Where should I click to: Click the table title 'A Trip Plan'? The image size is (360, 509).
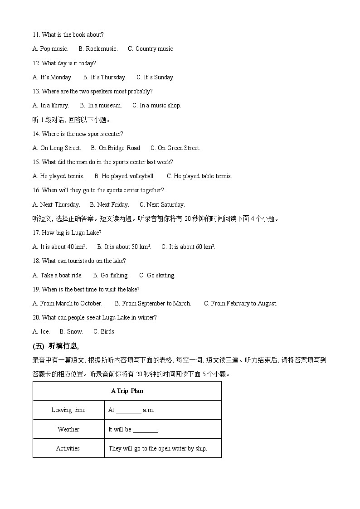click(127, 391)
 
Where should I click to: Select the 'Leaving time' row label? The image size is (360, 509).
click(68, 410)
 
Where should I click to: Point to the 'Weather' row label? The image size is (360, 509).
click(68, 429)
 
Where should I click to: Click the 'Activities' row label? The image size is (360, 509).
click(68, 449)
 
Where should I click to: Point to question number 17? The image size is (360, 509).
click(36, 233)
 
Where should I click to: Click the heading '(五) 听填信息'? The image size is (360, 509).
click(56, 347)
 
